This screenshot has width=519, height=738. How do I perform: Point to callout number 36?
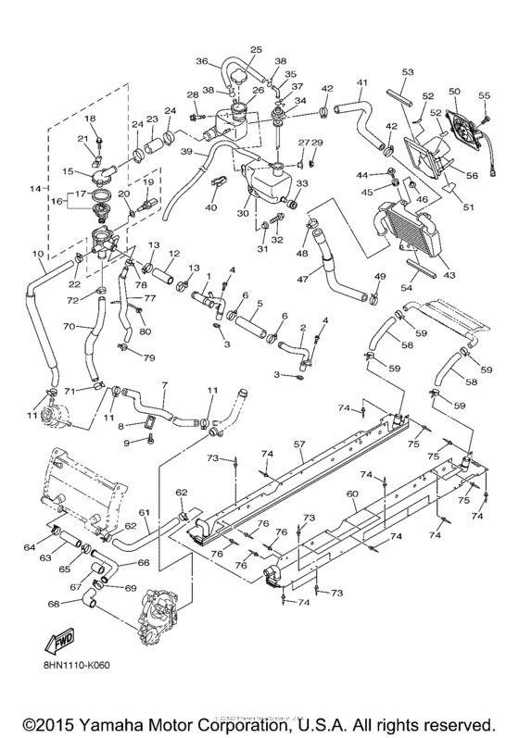click(202, 62)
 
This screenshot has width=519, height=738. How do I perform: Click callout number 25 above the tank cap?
click(257, 49)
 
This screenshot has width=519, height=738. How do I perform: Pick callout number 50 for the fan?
click(454, 91)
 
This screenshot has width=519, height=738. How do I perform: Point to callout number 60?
click(352, 494)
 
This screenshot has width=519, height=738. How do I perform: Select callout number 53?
click(407, 71)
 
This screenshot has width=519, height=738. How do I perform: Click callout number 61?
click(144, 512)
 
